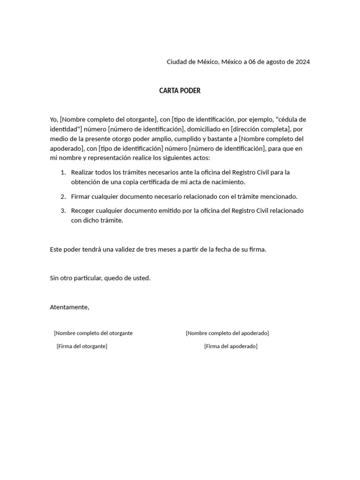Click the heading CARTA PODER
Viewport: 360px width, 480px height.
(x=180, y=91)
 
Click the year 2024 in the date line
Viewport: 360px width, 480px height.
(x=302, y=62)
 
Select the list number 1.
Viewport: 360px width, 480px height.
(x=63, y=172)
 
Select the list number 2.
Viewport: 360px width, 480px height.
(x=63, y=196)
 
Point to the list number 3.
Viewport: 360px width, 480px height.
(x=63, y=211)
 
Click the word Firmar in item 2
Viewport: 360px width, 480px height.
(x=81, y=196)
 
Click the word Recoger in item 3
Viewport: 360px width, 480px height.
(x=83, y=211)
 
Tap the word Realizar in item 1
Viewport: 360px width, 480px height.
(x=82, y=172)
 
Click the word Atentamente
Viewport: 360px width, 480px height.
(x=69, y=307)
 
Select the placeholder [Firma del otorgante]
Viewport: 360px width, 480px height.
(x=82, y=346)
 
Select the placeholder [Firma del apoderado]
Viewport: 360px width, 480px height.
(x=231, y=346)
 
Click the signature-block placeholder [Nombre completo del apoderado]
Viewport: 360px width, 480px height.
(x=227, y=333)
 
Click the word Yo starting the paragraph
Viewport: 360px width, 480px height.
(x=53, y=120)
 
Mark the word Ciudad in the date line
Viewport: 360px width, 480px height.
(x=177, y=62)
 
